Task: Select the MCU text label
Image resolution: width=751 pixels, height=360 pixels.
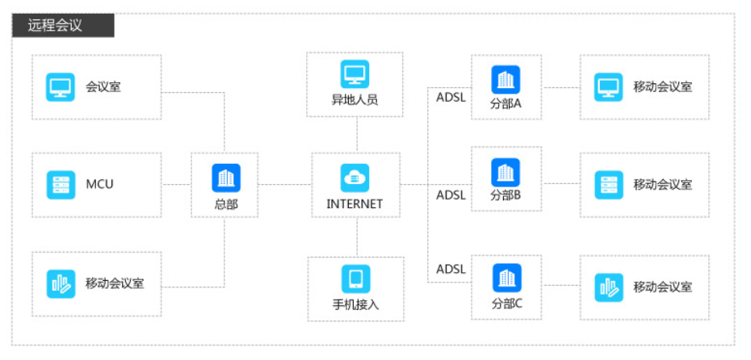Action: coord(99,184)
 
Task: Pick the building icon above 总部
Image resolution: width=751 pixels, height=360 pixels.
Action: coord(226,177)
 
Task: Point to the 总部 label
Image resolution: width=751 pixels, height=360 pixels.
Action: coord(226,204)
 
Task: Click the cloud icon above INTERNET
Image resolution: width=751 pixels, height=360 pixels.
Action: coord(355,177)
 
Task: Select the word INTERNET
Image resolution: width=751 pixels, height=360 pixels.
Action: coord(355,204)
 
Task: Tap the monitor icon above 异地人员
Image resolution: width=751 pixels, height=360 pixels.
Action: coord(355,75)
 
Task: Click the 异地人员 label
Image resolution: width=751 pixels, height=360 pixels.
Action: coord(355,101)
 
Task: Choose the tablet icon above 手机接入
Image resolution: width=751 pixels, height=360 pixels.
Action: coord(355,279)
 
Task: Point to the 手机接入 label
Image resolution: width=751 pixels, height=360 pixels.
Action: coord(355,305)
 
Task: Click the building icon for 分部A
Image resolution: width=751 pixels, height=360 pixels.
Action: coord(506,79)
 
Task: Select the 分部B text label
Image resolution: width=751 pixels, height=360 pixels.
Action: coord(506,195)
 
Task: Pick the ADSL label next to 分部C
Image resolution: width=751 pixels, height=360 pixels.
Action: coord(451,269)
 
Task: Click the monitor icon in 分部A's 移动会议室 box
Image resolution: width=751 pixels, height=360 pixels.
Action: coord(608,87)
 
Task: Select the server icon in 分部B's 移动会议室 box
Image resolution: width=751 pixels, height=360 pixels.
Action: coord(608,185)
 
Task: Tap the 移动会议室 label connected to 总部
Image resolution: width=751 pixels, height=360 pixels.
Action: coord(114,283)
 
